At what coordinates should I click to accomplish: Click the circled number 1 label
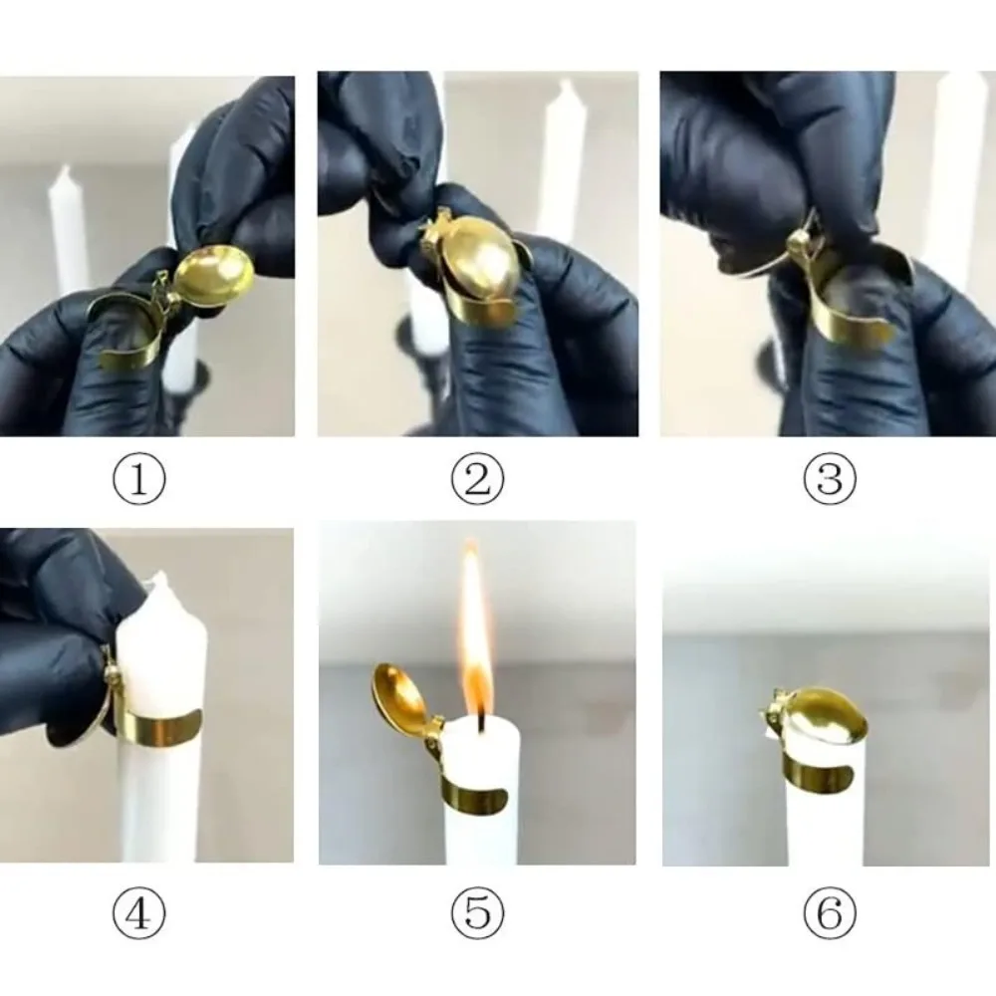139,481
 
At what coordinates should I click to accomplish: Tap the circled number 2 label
477,481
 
